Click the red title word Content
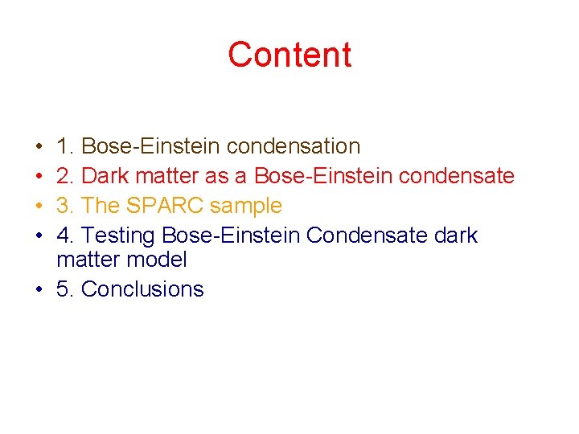click(289, 55)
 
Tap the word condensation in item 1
click(294, 146)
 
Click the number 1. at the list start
click(65, 146)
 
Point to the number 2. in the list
click(65, 176)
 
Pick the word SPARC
click(165, 206)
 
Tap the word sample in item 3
click(246, 206)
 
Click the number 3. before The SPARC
click(65, 206)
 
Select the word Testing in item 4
click(118, 235)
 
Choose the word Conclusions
click(143, 289)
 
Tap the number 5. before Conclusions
click(65, 289)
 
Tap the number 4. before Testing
click(65, 235)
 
